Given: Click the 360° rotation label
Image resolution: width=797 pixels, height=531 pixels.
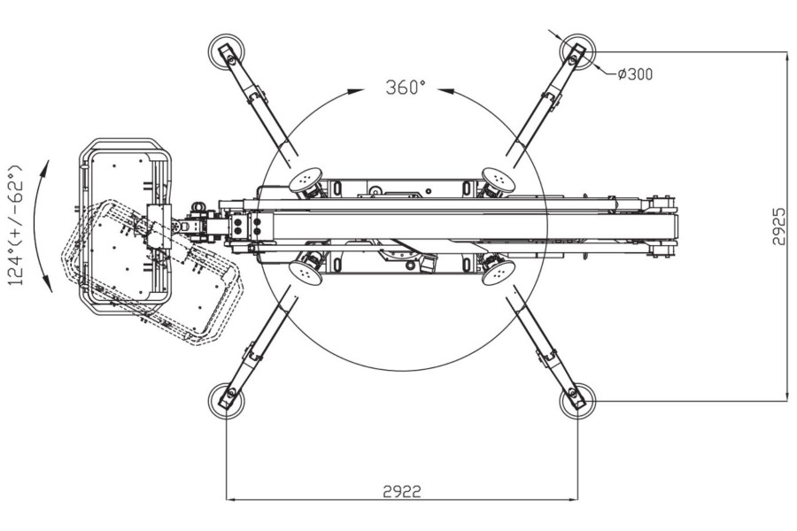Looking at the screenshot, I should tap(406, 88).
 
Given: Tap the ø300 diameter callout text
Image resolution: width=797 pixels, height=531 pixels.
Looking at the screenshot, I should tap(635, 74).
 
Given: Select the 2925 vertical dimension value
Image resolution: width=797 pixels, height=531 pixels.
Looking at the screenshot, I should tap(778, 227).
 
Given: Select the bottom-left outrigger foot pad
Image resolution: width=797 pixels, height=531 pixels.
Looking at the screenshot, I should tap(225, 400).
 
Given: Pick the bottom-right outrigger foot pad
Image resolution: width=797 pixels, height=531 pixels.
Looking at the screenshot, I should tap(576, 400).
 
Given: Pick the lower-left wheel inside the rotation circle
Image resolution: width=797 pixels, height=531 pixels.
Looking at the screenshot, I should tap(306, 272).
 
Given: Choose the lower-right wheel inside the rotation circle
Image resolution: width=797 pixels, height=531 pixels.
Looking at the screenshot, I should tap(498, 272).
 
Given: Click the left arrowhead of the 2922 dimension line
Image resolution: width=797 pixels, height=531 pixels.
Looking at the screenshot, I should tap(231, 500).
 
